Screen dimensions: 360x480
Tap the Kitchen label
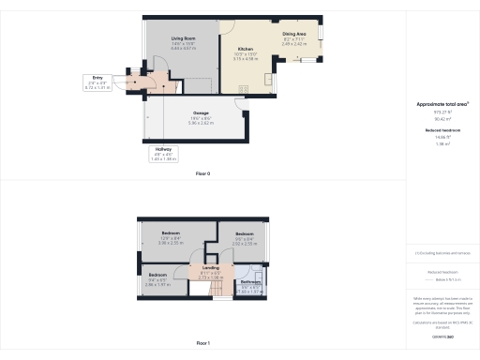click(x=246, y=48)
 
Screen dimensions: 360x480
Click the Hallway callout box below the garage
click(x=163, y=154)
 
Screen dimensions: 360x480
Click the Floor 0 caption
click(x=202, y=174)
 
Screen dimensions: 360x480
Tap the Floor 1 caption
click(x=202, y=344)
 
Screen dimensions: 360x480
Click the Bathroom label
click(x=249, y=282)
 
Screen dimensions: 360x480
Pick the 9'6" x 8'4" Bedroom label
click(x=245, y=233)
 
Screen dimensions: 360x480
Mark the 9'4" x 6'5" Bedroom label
click(x=157, y=274)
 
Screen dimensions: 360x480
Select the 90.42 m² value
click(x=442, y=119)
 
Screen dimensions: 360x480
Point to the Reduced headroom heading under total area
click(x=442, y=131)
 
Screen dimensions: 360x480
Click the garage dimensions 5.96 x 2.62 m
click(x=200, y=124)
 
